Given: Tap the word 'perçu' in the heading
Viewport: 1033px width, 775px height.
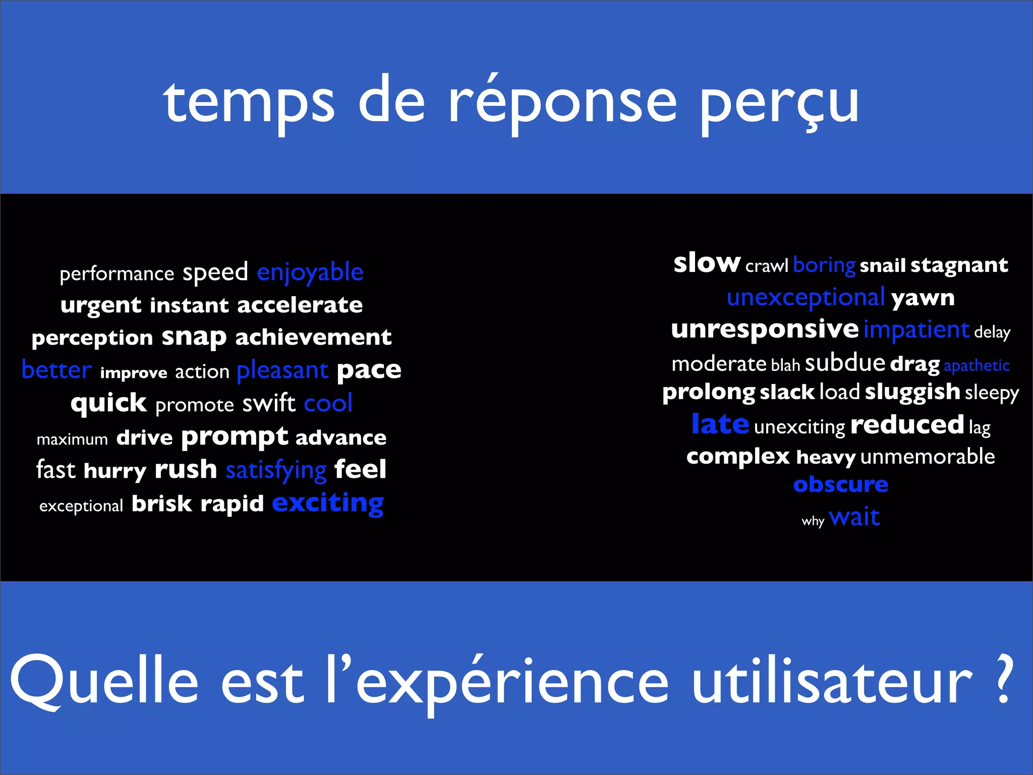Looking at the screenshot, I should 780,103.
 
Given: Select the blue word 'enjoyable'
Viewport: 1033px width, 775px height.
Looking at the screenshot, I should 310,273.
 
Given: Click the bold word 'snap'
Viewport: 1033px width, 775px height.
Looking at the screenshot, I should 194,337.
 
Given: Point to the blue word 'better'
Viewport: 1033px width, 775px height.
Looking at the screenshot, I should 56,370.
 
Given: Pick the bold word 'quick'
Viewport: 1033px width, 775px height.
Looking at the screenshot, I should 108,403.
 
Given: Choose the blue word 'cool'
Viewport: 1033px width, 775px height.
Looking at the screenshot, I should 328,403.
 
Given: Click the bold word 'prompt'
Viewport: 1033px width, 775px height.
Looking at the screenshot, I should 235,437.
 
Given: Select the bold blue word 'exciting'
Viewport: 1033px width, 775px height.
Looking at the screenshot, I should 328,504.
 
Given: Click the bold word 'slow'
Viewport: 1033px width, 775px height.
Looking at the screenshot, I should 707,263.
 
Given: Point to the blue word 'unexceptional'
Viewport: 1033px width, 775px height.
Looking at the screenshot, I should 806,297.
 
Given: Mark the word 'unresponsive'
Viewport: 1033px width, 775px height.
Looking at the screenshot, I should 765,329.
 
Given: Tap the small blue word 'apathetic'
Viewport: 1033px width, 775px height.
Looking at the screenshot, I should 977,366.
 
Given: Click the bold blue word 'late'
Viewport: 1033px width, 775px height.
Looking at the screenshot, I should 720,424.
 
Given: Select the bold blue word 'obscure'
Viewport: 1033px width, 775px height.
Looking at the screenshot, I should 840,484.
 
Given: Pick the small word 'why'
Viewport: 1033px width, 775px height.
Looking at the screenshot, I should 813,521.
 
